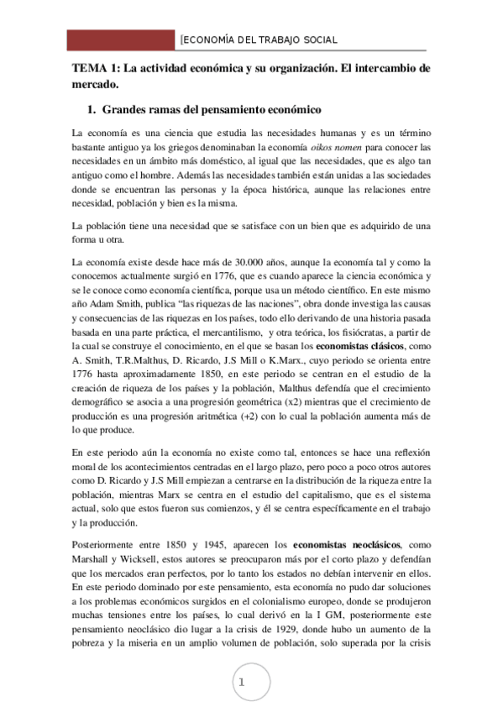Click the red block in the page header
121,39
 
